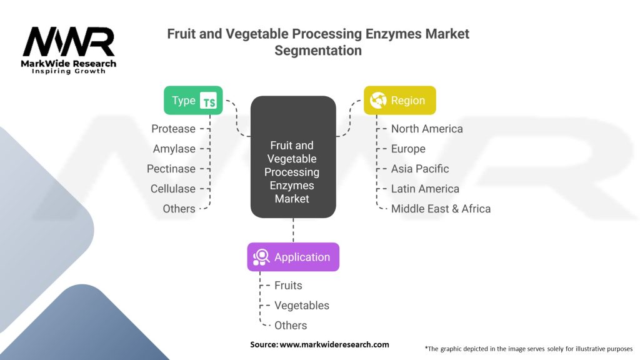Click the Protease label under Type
(x=173, y=129)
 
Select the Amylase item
(x=174, y=149)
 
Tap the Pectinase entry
(x=171, y=169)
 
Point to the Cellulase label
(x=172, y=189)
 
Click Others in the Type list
(x=179, y=209)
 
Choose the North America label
(x=427, y=129)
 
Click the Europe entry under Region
(x=408, y=149)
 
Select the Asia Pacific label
(x=420, y=169)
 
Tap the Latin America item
(x=425, y=189)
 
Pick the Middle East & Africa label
(x=441, y=209)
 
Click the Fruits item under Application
(x=288, y=286)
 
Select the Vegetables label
(x=302, y=306)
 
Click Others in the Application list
(x=291, y=326)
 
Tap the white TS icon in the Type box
(x=208, y=101)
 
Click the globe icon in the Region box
(x=378, y=101)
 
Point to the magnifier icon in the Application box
(x=261, y=257)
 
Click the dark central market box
(x=293, y=157)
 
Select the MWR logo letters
(x=69, y=42)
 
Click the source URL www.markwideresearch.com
(x=334, y=344)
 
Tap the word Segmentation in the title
(x=318, y=51)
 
